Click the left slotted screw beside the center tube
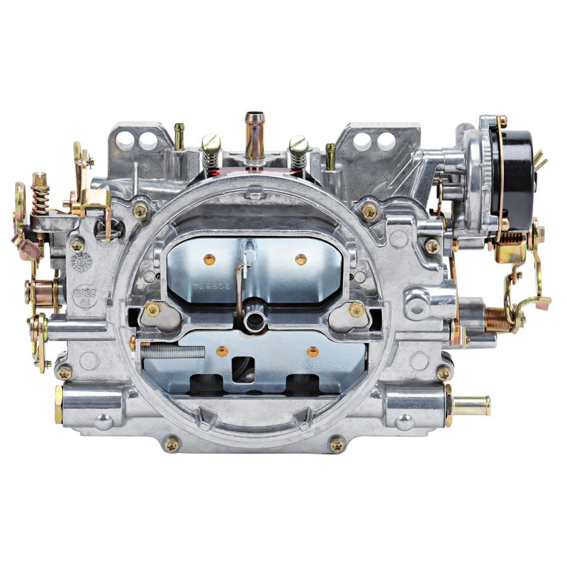point(211,150)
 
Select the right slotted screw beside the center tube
point(298,151)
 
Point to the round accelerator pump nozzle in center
point(253,321)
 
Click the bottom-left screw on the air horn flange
point(172,444)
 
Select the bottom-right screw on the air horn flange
point(336,444)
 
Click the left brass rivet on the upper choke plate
point(210,260)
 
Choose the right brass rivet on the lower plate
point(312,351)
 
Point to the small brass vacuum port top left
point(179,135)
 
